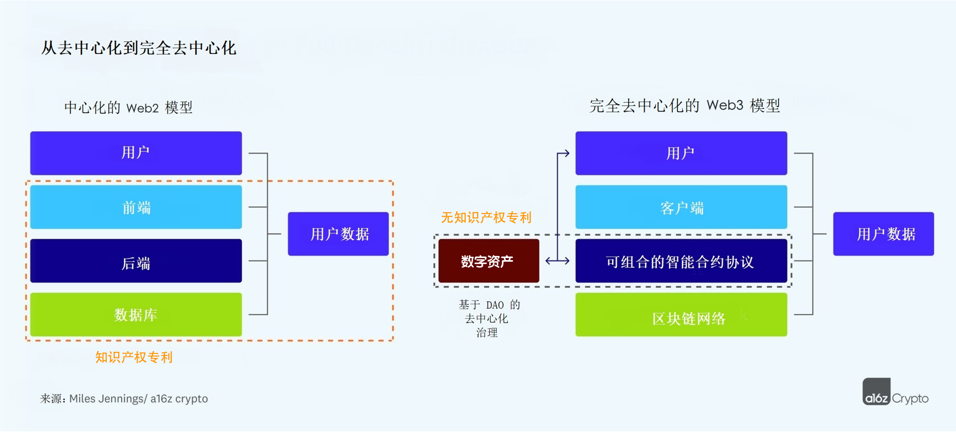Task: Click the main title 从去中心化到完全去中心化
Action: tap(139, 48)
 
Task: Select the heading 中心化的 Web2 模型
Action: tap(128, 108)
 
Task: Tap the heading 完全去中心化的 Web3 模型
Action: tap(684, 106)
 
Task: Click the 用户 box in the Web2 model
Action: tap(136, 153)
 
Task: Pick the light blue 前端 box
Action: tap(136, 207)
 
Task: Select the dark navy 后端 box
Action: tap(136, 261)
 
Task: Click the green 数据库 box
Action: tap(136, 315)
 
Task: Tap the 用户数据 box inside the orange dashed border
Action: tap(339, 234)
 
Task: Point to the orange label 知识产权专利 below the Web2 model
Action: tap(134, 358)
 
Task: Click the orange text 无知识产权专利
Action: tap(486, 217)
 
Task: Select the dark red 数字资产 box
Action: tap(488, 261)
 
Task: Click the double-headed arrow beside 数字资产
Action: tap(557, 261)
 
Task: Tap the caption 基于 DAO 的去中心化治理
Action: tap(488, 318)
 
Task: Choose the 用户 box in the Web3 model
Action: tap(681, 153)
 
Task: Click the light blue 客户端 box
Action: tap(681, 207)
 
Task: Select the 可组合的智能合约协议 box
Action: tap(681, 261)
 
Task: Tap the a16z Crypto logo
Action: tap(895, 393)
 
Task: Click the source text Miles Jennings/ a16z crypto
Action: tap(138, 399)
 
